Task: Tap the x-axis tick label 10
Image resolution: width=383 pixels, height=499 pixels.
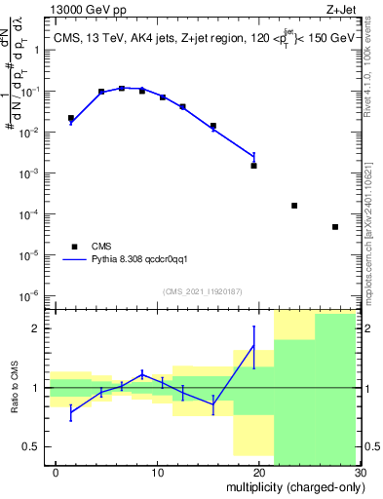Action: click(x=156, y=473)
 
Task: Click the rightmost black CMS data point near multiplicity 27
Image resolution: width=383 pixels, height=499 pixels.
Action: click(x=335, y=227)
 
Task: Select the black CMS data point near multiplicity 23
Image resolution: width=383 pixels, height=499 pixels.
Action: click(x=294, y=206)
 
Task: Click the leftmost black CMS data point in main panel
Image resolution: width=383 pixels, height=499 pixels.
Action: click(x=71, y=118)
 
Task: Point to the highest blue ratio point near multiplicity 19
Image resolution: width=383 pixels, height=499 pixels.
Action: click(x=254, y=346)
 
